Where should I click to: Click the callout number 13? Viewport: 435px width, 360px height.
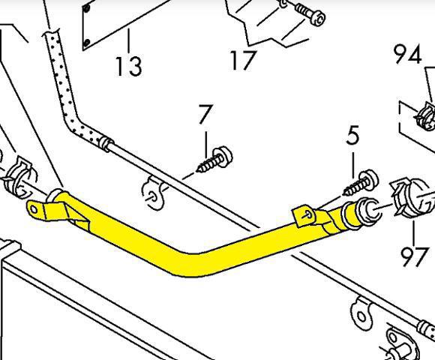[x=129, y=66]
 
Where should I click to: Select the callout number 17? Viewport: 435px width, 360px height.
[x=243, y=60]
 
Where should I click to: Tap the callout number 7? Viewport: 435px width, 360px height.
[x=205, y=114]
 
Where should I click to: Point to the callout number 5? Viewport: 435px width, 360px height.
[x=353, y=135]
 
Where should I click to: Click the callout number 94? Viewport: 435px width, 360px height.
[x=408, y=54]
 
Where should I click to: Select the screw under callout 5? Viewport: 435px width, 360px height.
[x=361, y=182]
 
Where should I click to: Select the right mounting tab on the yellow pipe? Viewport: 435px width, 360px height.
[x=304, y=215]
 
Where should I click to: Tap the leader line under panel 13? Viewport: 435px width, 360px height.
[x=129, y=41]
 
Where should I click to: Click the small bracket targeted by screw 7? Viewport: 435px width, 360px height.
[x=152, y=193]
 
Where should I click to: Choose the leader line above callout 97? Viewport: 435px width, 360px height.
[x=414, y=233]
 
